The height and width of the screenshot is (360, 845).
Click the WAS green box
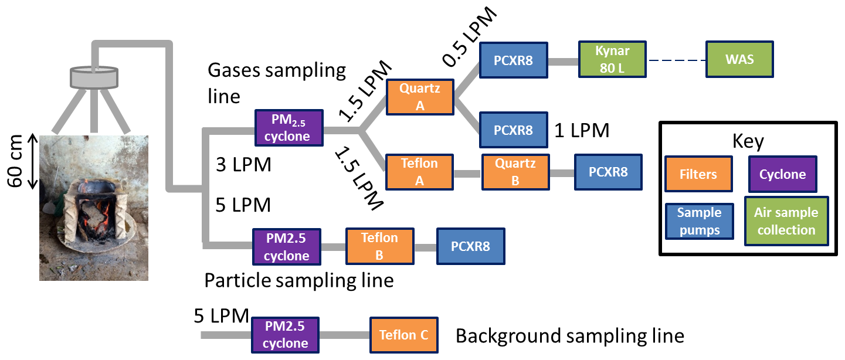tap(739, 59)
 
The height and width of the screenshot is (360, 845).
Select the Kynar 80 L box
tap(612, 59)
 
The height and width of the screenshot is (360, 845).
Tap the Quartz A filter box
tap(420, 97)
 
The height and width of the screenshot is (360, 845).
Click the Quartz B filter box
tap(515, 172)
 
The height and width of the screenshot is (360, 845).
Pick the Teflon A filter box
tap(419, 171)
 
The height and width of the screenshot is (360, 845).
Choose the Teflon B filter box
tap(379, 246)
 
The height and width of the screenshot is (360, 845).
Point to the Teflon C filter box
tap(403, 335)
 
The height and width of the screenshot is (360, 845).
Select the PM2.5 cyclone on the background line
tap(286, 335)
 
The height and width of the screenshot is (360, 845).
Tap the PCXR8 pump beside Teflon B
tap(470, 246)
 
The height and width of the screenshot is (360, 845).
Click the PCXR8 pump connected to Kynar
tap(513, 59)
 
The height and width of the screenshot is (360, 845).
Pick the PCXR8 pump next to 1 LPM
tap(513, 130)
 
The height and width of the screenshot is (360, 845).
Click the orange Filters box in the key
tap(697, 174)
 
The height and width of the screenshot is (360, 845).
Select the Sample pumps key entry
tap(698, 220)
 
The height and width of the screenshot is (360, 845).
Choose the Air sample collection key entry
tap(786, 220)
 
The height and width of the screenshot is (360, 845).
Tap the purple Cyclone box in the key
tap(782, 174)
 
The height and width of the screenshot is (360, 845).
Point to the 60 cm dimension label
tap(18, 161)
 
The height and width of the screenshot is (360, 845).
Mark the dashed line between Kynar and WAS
tap(676, 60)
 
